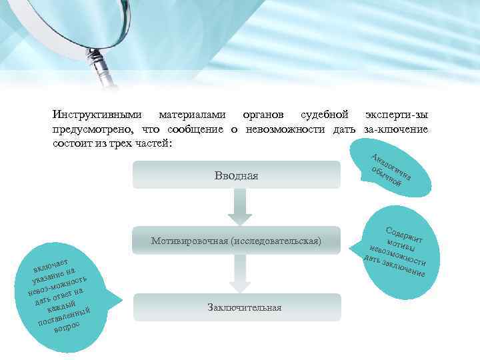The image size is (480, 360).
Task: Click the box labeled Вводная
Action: coord(236,175)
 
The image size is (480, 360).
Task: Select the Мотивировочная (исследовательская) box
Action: coord(236,240)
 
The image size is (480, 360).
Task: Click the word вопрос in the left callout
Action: coord(67,327)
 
